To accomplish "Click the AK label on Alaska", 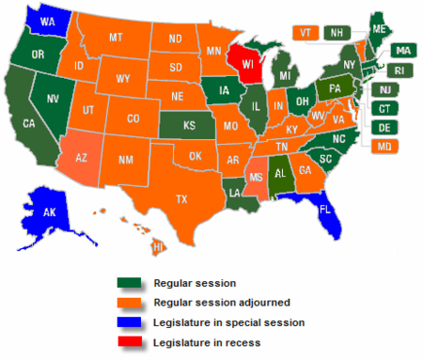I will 48,212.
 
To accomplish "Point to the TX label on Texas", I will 180,198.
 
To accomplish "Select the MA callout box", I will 402,50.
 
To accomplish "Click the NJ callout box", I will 384,89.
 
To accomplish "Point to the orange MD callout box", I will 384,146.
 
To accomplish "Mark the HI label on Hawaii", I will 159,246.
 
